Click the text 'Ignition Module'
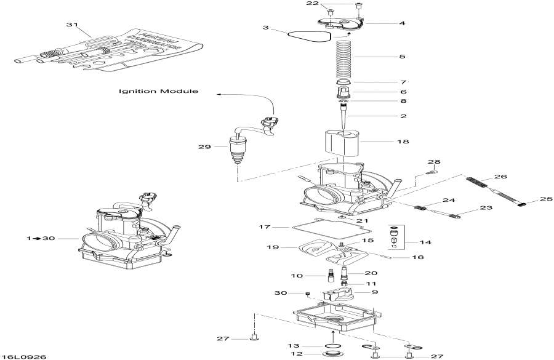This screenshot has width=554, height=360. click(159, 91)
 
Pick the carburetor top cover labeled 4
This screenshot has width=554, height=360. click(337, 23)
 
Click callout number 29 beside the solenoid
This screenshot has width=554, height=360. click(204, 147)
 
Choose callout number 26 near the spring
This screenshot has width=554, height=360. click(500, 177)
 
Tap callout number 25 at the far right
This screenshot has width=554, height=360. click(547, 199)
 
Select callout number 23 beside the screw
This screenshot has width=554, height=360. click(486, 209)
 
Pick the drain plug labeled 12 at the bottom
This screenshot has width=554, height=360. click(332, 355)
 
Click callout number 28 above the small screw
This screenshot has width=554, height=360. click(435, 162)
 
